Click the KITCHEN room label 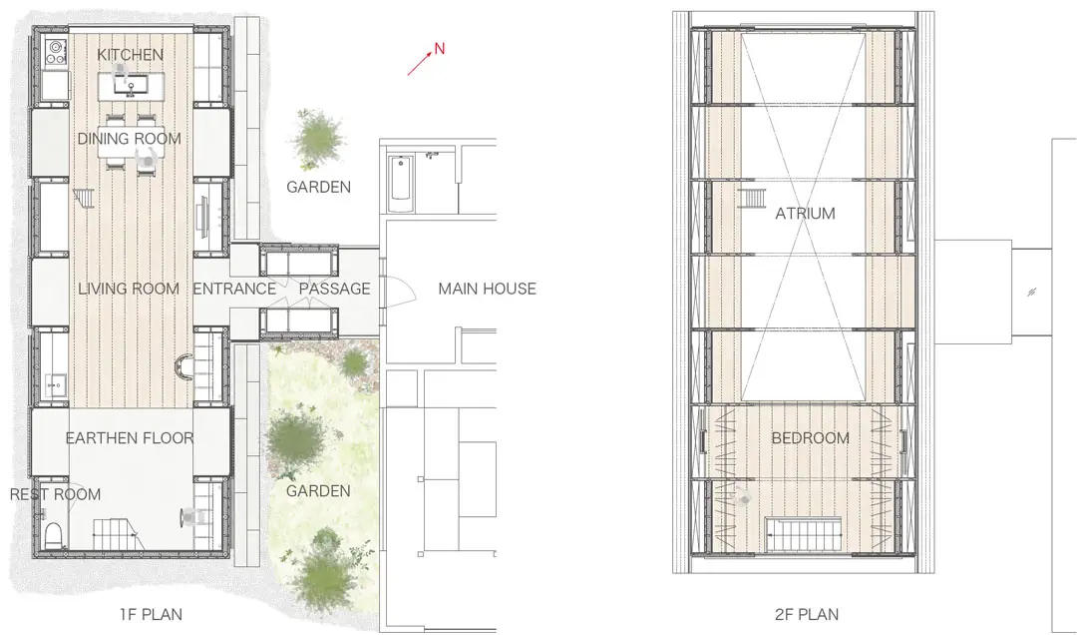130,54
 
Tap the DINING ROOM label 129,139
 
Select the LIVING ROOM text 129,289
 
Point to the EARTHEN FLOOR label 130,437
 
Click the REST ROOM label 55,494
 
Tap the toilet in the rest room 53,534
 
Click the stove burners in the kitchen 55,52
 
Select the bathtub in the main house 401,184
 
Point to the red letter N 440,49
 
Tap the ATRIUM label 805,214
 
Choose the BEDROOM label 811,437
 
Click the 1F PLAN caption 152,614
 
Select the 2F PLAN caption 807,614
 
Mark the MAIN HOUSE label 487,289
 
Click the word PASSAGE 334,289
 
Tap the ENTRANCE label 234,289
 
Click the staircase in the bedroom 804,534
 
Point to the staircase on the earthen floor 117,533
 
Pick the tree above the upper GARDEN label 317,139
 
